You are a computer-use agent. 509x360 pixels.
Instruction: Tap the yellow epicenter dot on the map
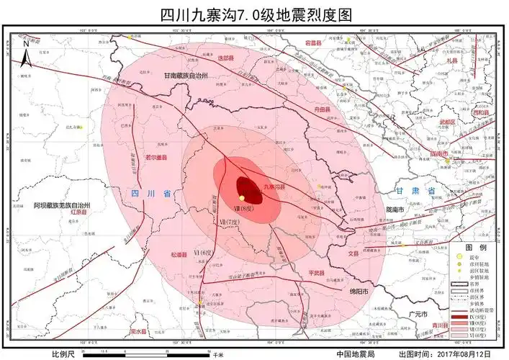pyautogui.click(x=243, y=198)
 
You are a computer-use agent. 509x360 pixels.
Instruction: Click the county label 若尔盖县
pyautogui.click(x=157, y=156)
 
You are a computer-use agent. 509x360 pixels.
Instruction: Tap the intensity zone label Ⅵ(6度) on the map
pyautogui.click(x=204, y=253)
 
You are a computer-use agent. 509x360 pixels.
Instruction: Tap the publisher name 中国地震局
pyautogui.click(x=354, y=354)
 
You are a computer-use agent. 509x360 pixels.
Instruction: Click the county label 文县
pyautogui.click(x=353, y=253)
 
